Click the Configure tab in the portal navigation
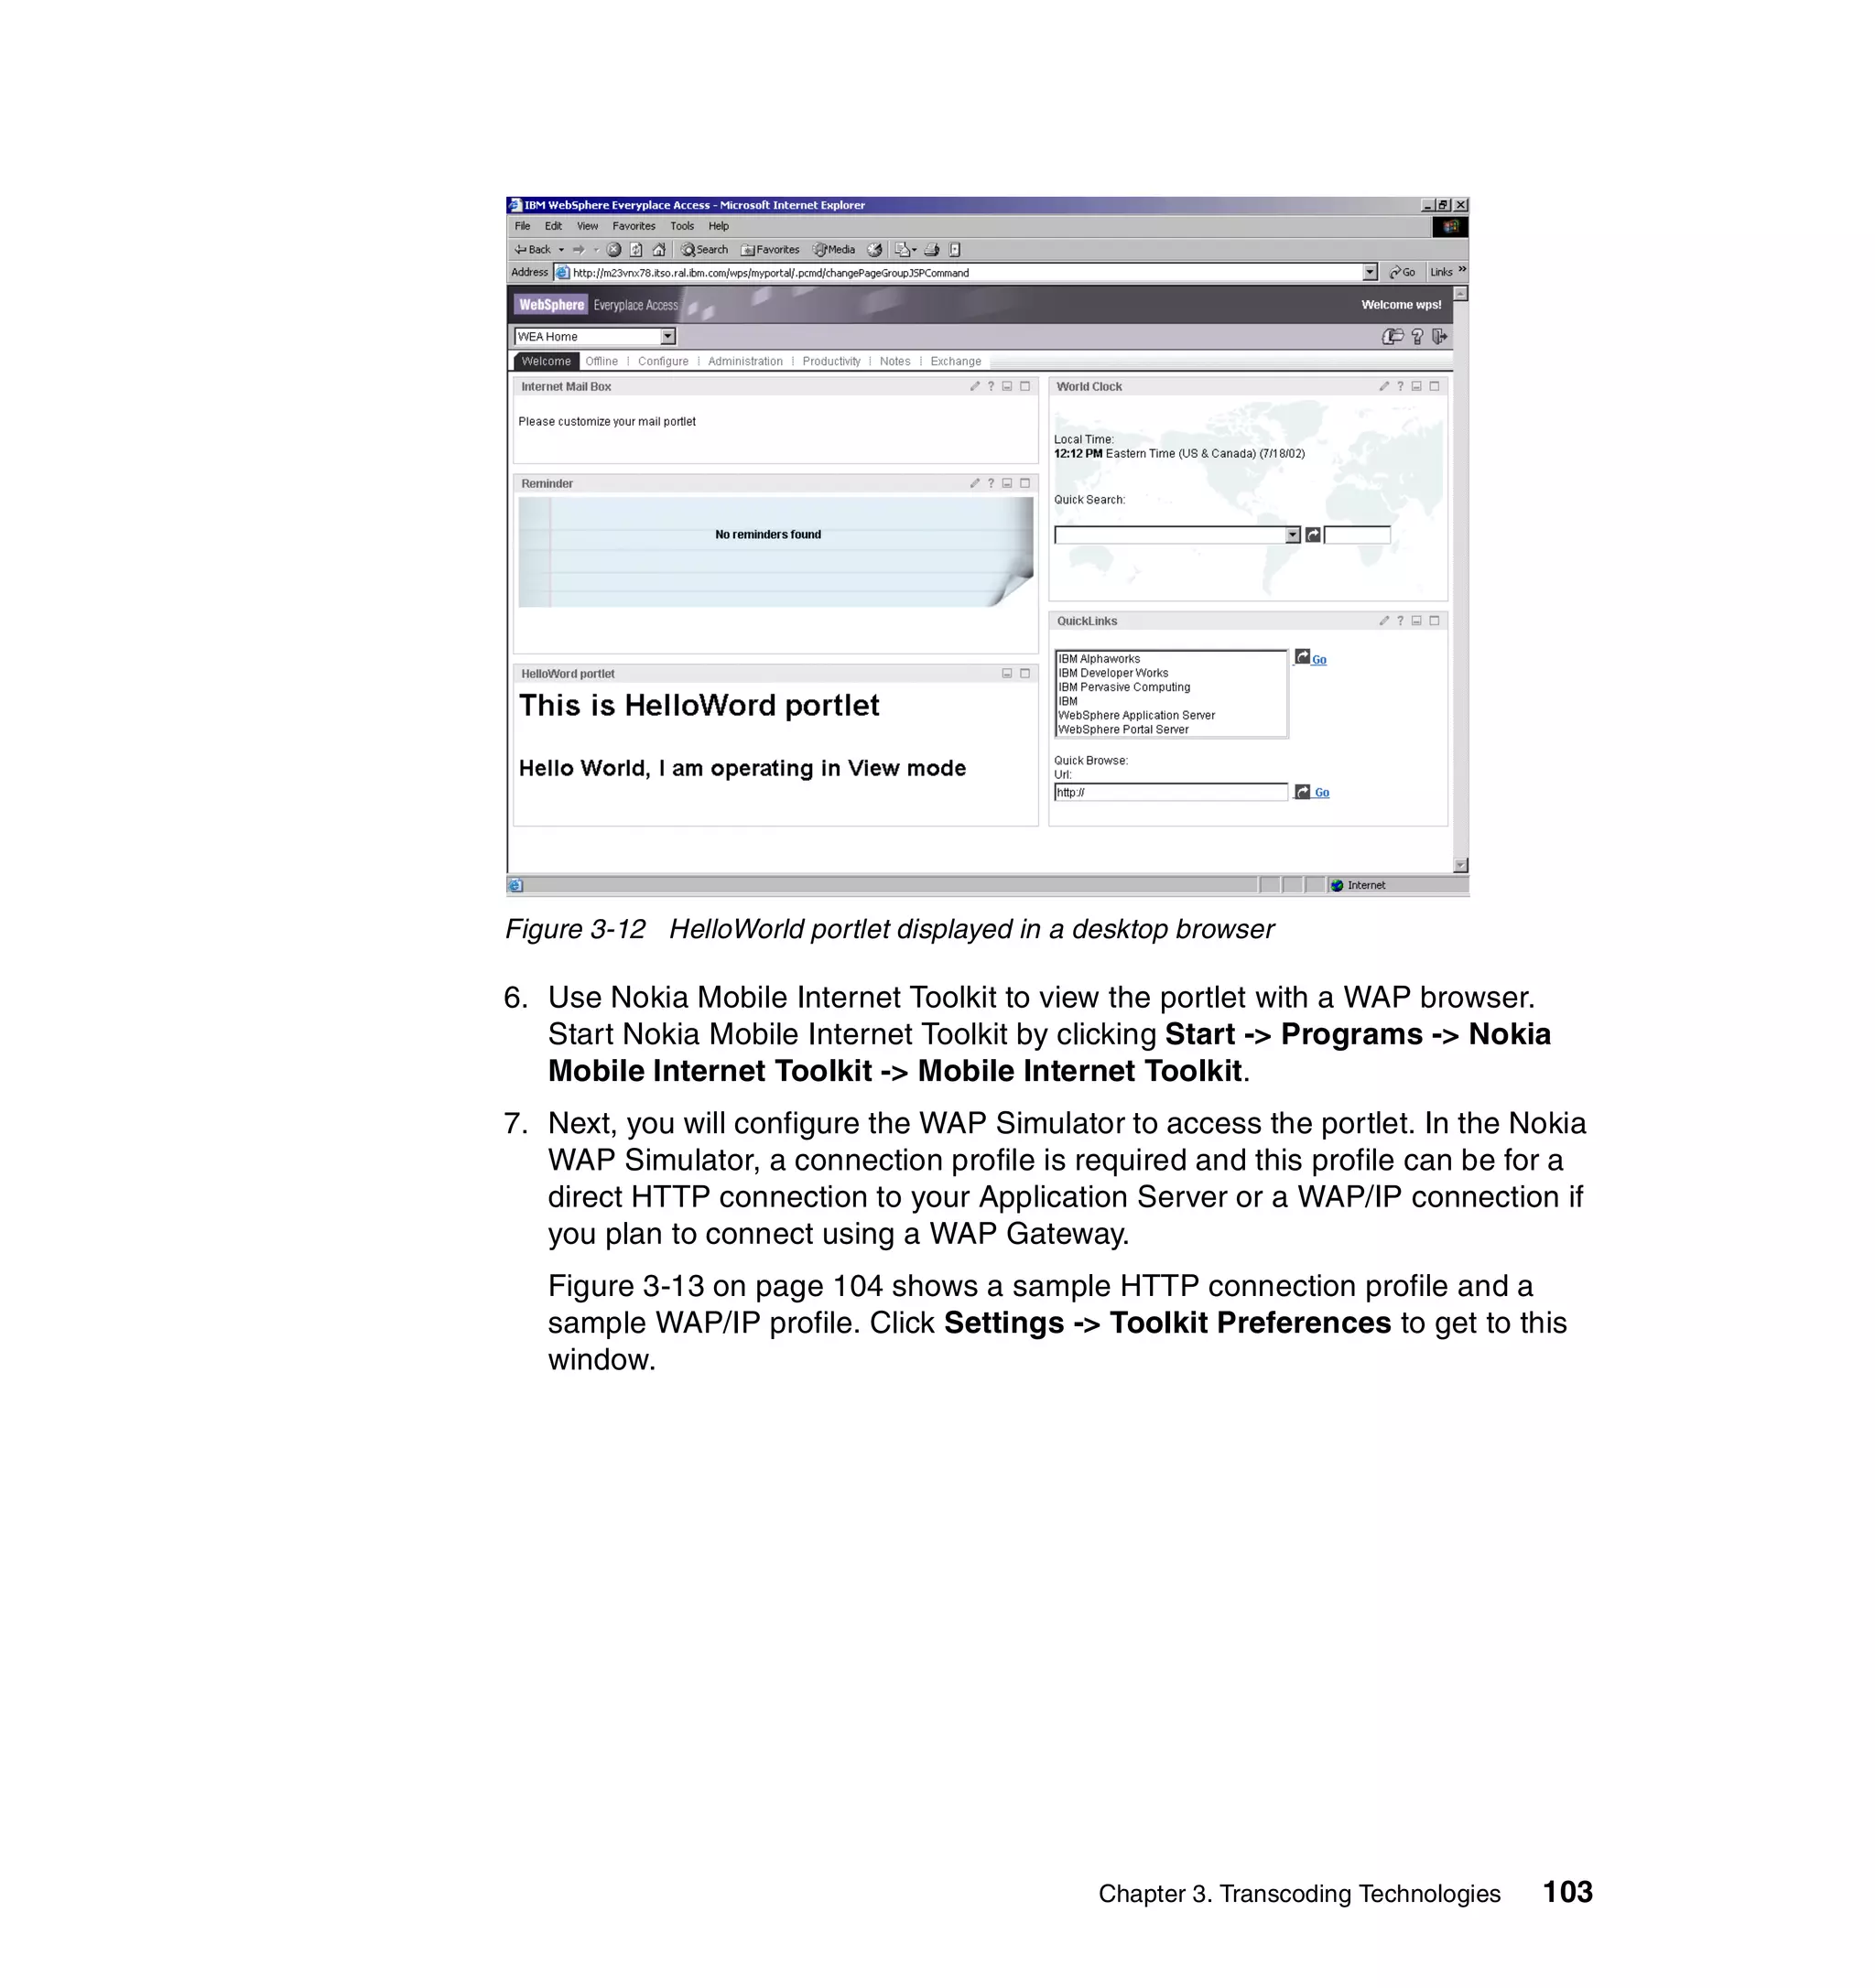click(663, 361)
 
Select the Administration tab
click(745, 361)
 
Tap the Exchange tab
click(955, 361)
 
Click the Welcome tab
click(546, 361)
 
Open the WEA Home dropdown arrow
click(668, 337)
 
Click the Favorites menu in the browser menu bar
click(634, 226)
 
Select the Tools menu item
click(682, 226)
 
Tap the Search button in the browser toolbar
click(705, 250)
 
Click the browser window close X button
click(1461, 205)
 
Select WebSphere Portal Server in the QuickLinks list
click(1123, 729)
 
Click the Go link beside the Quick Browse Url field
click(1322, 793)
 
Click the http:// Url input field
click(1170, 792)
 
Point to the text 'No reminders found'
click(768, 535)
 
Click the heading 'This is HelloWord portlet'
click(699, 706)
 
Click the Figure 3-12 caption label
click(575, 929)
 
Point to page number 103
click(1567, 1892)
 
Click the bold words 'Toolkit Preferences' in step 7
click(1250, 1323)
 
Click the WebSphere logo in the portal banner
click(551, 305)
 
